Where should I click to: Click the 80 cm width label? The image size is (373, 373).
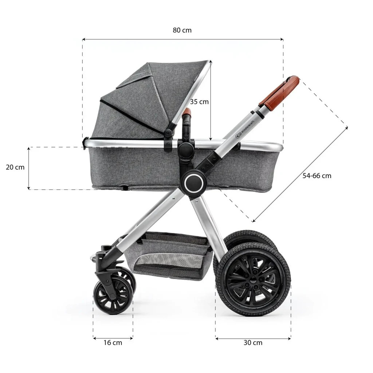182,30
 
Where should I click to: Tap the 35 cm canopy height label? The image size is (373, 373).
199,102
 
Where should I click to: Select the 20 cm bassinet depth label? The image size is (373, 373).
15,167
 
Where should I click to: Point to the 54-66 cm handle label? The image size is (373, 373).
317,176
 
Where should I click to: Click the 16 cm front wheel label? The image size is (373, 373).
113,342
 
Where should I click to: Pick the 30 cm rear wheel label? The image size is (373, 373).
253,342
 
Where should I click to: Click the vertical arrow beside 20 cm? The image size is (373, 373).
29,168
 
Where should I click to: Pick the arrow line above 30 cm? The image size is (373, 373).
253,338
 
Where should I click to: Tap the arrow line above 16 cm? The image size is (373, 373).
113,338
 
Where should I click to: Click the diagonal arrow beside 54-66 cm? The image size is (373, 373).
300,174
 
